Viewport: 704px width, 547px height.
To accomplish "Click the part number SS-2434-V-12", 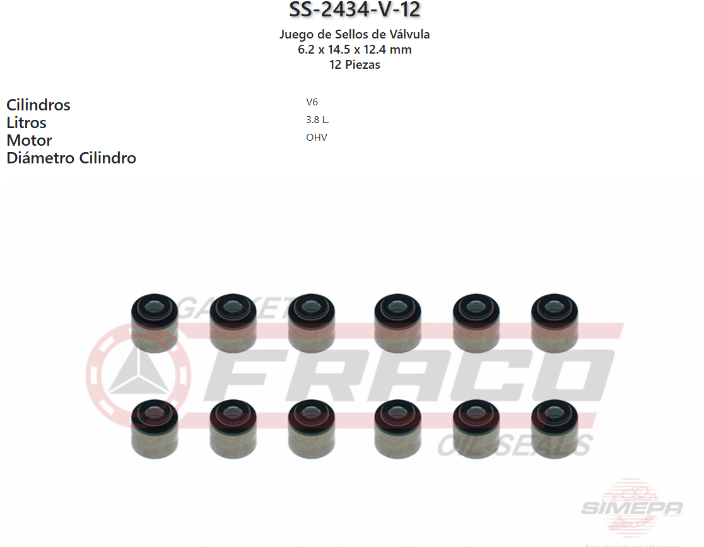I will click(355, 10).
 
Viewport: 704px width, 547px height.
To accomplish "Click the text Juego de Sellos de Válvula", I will click(355, 34).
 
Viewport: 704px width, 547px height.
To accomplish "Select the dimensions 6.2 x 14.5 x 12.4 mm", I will click(355, 49).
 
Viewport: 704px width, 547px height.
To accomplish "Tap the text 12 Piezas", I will click(355, 64).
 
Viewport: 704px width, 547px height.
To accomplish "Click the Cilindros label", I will click(38, 105).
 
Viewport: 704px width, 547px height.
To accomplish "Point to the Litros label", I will click(26, 122).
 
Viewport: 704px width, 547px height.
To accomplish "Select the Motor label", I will click(29, 140).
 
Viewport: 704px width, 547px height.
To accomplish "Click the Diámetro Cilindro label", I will click(71, 158).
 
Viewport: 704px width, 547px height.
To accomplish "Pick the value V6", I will click(312, 102).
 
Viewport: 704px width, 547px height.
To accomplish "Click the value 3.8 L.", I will click(317, 120).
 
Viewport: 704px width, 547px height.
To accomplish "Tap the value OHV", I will click(317, 138).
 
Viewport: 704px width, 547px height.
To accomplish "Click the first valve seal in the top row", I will click(155, 322).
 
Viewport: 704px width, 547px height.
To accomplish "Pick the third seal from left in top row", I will click(312, 322).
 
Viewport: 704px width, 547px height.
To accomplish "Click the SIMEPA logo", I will click(631, 507).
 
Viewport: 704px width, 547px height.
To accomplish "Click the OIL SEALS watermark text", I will click(514, 445).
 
